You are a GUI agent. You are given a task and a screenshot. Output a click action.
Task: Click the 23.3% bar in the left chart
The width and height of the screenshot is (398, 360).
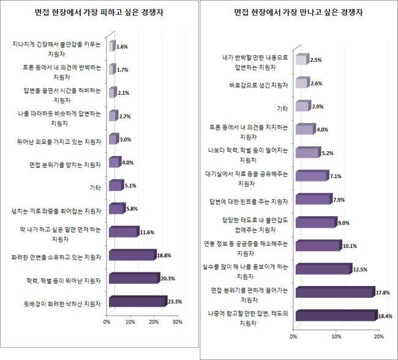point(137,301)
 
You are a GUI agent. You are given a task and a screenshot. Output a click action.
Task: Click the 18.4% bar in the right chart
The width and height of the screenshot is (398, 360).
point(334,316)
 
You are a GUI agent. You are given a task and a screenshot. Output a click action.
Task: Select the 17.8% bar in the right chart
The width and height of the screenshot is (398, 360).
point(333,293)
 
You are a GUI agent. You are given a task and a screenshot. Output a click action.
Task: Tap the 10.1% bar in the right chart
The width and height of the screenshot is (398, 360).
point(317,246)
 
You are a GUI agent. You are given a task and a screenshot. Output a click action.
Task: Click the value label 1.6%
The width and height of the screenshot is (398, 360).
point(122,47)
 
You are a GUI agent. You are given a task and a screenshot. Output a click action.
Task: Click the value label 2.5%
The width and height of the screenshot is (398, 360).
point(316,60)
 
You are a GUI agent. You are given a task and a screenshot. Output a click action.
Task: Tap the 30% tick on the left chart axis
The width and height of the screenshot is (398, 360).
point(177,321)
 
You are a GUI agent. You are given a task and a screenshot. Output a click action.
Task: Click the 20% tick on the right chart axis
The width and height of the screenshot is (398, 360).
point(378,336)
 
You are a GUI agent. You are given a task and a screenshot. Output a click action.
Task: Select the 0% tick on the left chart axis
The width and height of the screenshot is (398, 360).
point(107,321)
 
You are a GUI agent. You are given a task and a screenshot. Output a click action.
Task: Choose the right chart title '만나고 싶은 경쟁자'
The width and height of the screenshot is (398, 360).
point(298,12)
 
